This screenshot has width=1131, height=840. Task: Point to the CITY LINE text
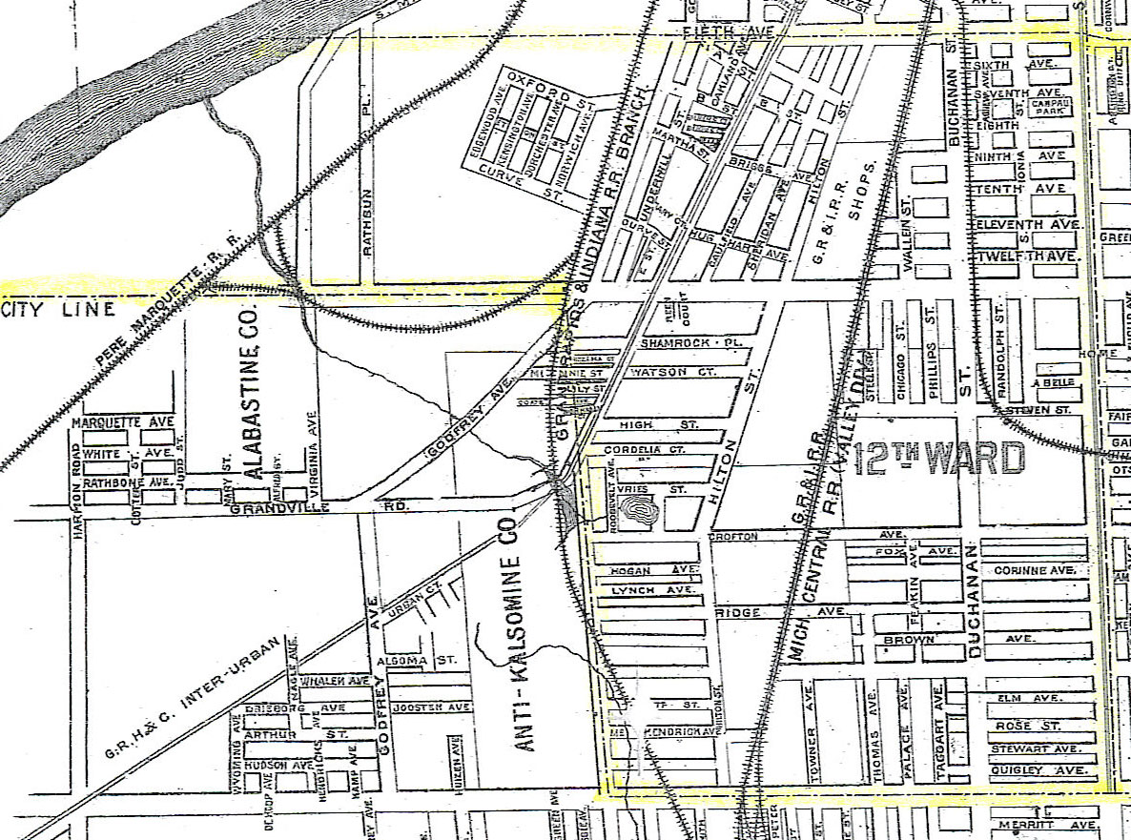coord(58,309)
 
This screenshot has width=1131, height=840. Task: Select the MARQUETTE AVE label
coord(121,421)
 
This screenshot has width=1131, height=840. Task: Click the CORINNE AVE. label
coord(1034,570)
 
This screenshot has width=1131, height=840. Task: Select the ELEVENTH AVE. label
coord(1026,224)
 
